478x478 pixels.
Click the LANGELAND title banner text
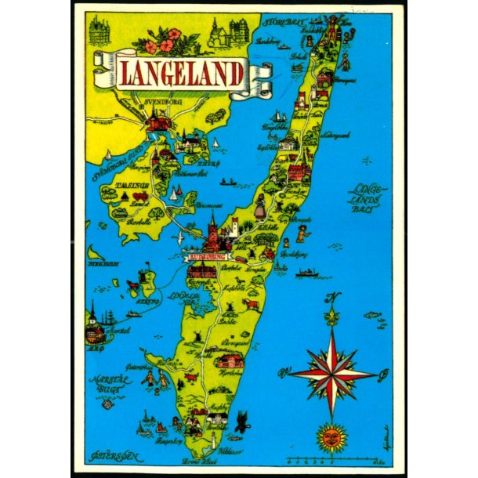point(180,73)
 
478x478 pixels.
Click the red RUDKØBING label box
point(205,256)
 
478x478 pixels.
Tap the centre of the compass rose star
point(331,372)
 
